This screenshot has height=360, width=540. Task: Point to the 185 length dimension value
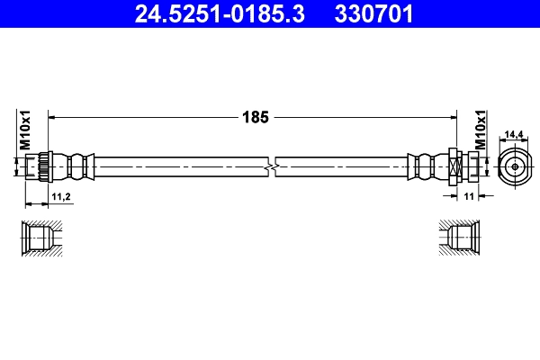pyautogui.click(x=253, y=116)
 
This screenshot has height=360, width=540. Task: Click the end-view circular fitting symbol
pyautogui.click(x=512, y=166)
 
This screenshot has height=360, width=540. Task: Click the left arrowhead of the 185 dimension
pyautogui.click(x=51, y=117)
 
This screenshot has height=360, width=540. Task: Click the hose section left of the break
pyautogui.click(x=180, y=166)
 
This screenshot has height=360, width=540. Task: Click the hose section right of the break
pyautogui.click(x=342, y=166)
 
